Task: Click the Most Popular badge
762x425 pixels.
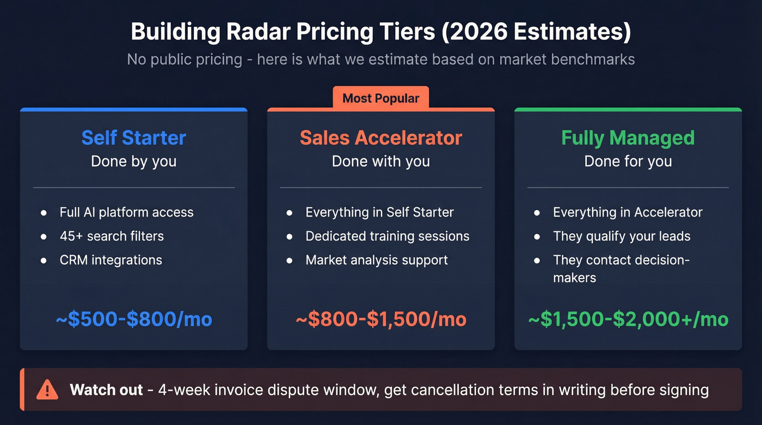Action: tap(381, 98)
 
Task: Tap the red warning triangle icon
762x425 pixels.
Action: tap(47, 390)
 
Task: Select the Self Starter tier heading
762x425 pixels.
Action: tap(134, 138)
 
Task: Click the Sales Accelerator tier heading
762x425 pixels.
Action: tap(381, 138)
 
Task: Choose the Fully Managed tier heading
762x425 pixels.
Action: tap(628, 138)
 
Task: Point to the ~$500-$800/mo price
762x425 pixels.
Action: tap(134, 319)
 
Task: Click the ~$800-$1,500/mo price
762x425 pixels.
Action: tap(381, 319)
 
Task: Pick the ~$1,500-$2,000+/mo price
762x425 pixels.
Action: tap(628, 319)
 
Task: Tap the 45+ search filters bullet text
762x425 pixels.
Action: tap(112, 236)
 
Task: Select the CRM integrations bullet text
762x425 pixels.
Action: tap(111, 260)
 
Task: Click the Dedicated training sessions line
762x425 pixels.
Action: tap(388, 236)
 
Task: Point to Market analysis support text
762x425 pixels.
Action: tap(377, 260)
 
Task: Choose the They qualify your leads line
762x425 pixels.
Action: tap(622, 236)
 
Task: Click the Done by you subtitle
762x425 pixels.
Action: tap(134, 162)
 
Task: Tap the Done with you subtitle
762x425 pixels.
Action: tap(381, 162)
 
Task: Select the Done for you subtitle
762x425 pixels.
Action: tap(628, 162)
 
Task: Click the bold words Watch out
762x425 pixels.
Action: tap(106, 390)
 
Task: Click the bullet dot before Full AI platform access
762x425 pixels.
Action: tap(44, 212)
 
